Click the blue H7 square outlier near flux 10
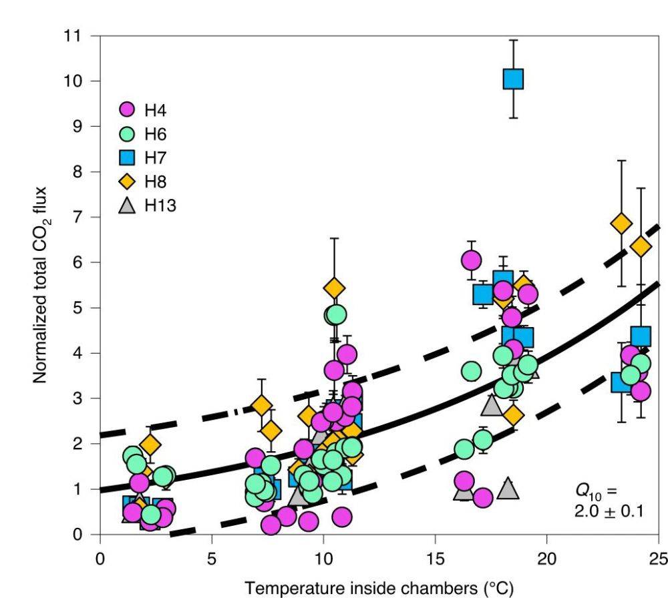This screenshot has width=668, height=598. tap(513, 79)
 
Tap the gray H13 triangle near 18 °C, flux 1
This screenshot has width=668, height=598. tap(508, 489)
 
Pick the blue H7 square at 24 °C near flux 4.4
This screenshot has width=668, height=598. tap(641, 336)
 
